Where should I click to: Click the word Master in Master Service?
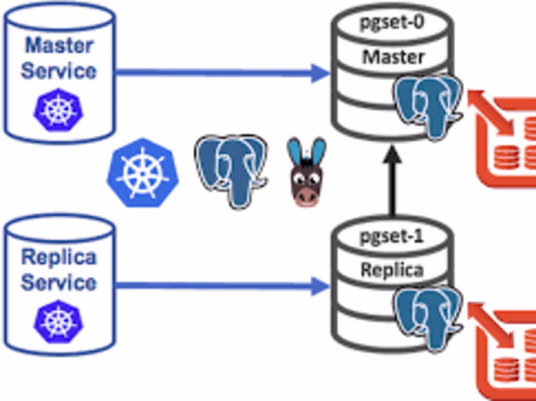click(59, 45)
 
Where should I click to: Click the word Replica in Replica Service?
click(59, 257)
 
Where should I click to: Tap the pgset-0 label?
click(392, 23)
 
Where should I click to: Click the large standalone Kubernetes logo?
click(142, 173)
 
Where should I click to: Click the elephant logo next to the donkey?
click(232, 170)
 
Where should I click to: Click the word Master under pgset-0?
click(393, 57)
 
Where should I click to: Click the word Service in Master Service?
click(58, 71)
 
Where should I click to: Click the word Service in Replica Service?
click(58, 282)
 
